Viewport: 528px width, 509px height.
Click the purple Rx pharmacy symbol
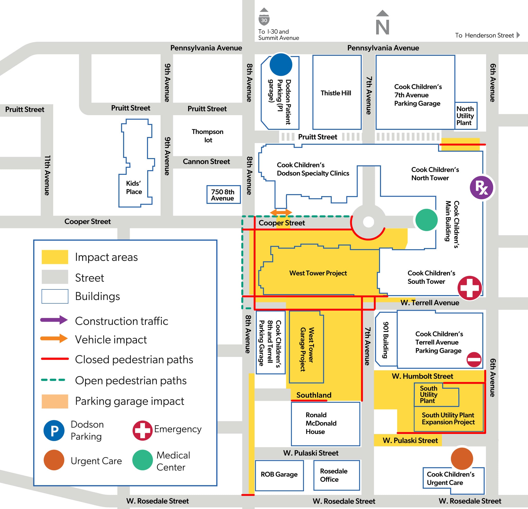(481, 188)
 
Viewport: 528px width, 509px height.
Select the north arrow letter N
(383, 27)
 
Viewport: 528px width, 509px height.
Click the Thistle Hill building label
(336, 93)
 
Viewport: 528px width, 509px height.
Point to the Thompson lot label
(208, 136)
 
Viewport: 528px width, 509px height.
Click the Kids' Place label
(134, 187)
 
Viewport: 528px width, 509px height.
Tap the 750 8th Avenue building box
(223, 194)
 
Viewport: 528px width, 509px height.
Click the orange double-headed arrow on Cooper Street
(281, 212)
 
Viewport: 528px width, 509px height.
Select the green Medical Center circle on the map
(427, 220)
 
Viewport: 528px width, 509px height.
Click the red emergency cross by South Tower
(469, 288)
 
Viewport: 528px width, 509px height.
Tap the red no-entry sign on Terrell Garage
(474, 359)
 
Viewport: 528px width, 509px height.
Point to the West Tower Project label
(318, 273)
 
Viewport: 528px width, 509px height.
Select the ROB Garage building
(279, 476)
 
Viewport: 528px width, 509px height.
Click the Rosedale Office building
(337, 475)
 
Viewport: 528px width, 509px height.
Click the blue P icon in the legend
(54, 431)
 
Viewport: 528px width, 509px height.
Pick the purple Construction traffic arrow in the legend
(54, 320)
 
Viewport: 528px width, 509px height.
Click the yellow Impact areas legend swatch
(55, 257)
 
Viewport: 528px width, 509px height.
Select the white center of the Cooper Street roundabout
(368, 222)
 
